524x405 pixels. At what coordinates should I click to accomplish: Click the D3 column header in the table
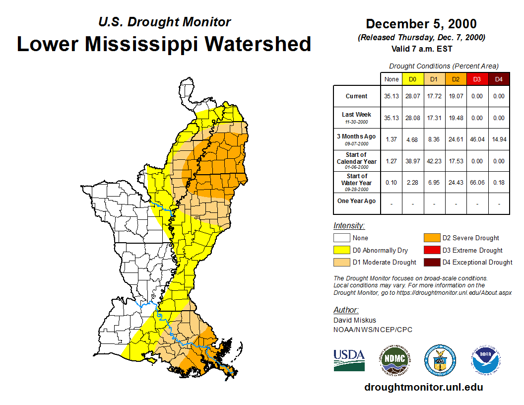477,79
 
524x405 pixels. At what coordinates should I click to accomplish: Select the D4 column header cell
499,79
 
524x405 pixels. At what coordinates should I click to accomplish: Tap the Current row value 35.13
392,96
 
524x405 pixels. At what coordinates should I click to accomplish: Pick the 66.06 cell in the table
477,183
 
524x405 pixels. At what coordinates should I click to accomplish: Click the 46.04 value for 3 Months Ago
477,139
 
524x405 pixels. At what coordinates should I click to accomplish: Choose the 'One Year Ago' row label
357,201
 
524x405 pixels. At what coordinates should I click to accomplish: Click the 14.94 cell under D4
499,139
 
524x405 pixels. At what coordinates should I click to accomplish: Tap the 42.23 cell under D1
434,161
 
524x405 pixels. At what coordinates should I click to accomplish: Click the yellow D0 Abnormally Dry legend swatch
342,250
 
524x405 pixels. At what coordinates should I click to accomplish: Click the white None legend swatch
342,238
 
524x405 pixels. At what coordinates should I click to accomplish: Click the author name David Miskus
355,320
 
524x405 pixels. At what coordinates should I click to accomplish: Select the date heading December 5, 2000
421,24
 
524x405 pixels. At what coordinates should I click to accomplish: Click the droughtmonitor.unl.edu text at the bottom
423,387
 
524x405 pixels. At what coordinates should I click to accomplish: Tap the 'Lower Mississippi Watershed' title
164,44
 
